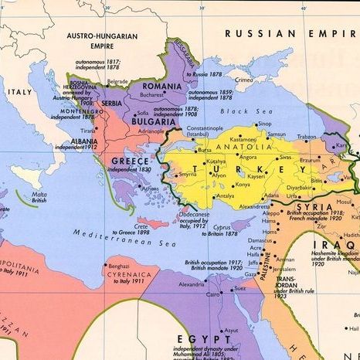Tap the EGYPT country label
pyautogui.click(x=204, y=338)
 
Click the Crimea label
pyautogui.click(x=244, y=80)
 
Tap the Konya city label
pyautogui.click(x=243, y=185)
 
